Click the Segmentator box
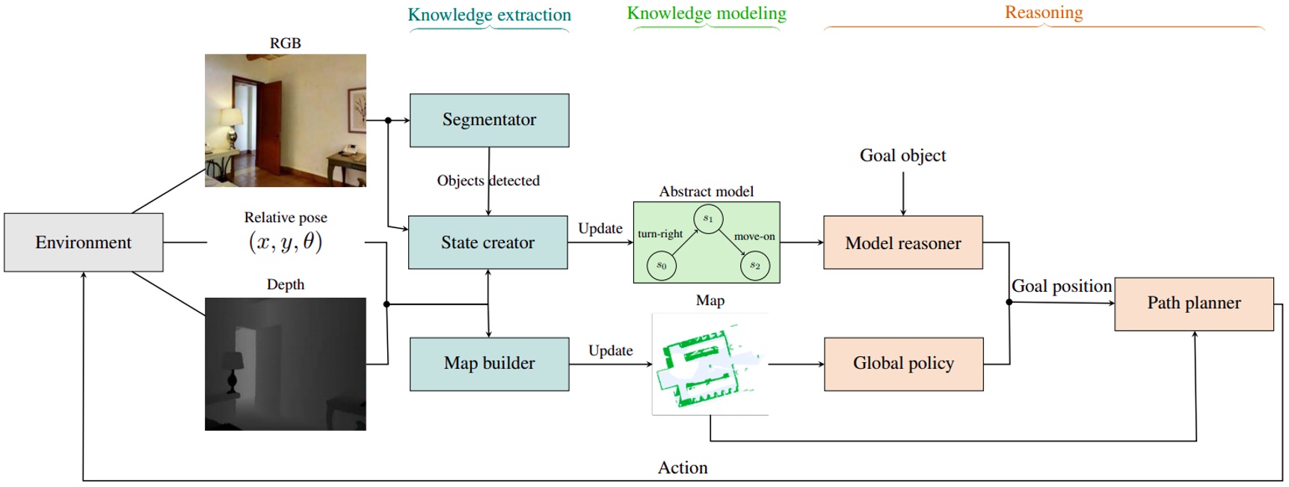click(x=489, y=120)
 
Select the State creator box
click(x=487, y=242)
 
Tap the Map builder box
click(x=489, y=364)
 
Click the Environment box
click(x=83, y=242)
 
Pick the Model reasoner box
click(x=902, y=243)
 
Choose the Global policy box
click(x=903, y=364)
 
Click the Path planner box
click(x=1193, y=303)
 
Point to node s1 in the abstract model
click(x=707, y=218)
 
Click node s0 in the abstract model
click(x=661, y=266)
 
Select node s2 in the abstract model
click(x=754, y=266)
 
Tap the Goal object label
click(x=902, y=156)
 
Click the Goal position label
click(x=1061, y=287)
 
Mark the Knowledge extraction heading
click(x=489, y=15)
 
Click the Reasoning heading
click(x=1043, y=13)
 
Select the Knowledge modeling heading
click(x=706, y=13)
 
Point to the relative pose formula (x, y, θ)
click(x=285, y=242)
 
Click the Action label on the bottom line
click(x=682, y=468)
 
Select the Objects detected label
click(x=487, y=181)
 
